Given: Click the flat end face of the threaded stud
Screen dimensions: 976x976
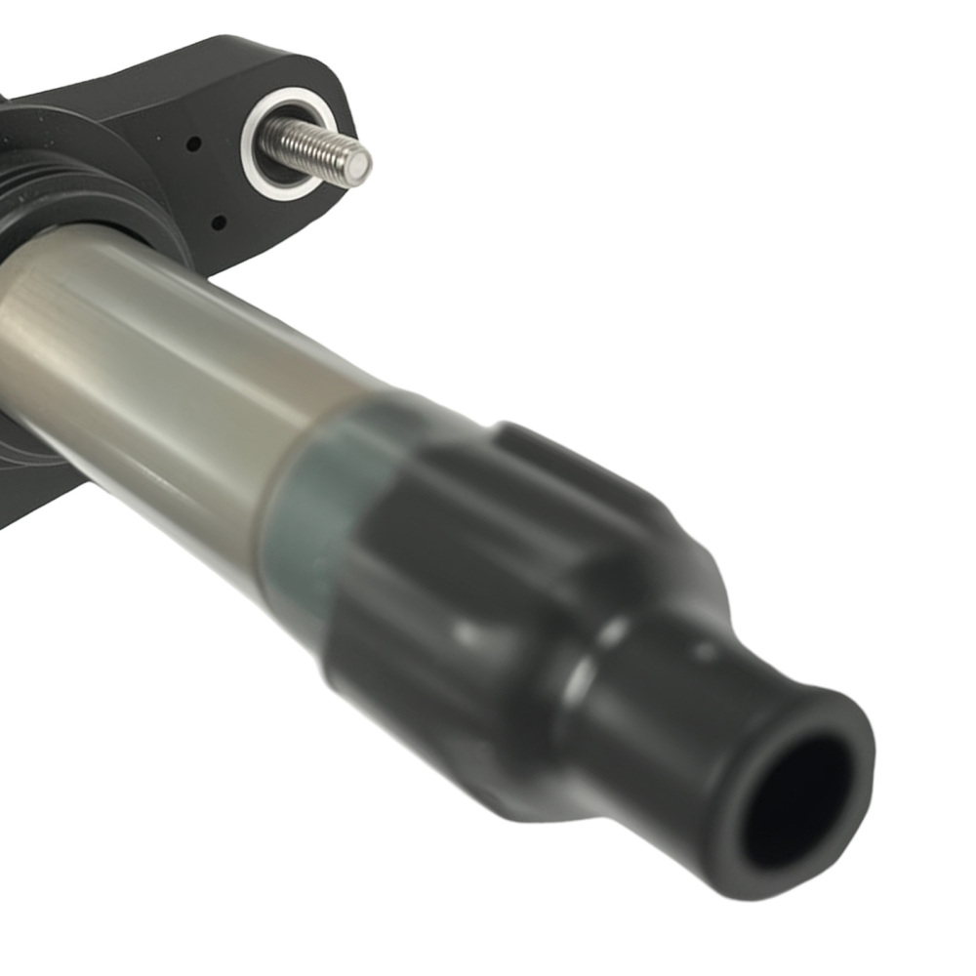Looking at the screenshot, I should coord(356,167).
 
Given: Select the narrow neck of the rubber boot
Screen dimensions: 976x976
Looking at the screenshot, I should coord(664,703).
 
